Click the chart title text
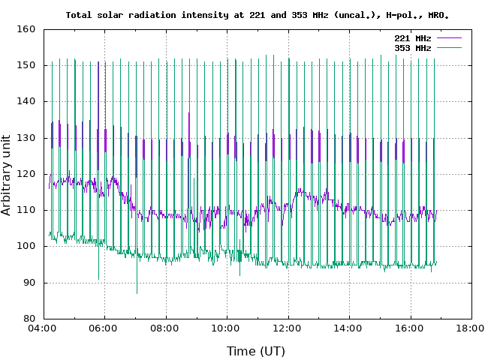(258, 15)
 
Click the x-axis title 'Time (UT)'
(256, 351)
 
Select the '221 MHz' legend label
(413, 38)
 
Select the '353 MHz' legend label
(413, 48)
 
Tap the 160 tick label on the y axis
(27, 29)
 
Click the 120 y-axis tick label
(27, 174)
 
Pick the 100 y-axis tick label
(27, 246)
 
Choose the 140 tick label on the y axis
(27, 101)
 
